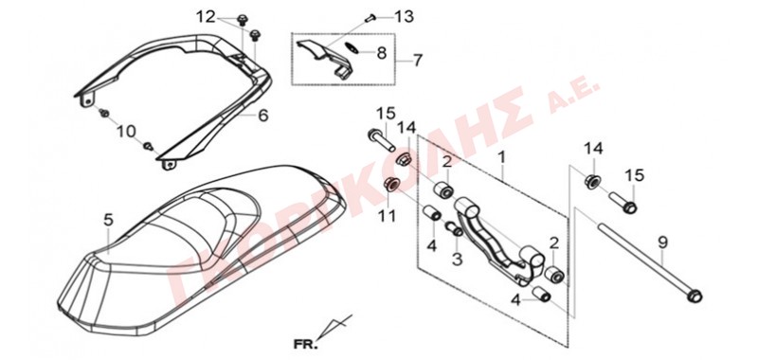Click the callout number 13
pos(405,17)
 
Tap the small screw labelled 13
pos(370,18)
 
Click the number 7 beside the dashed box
pos(417,61)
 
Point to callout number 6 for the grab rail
pos(263,116)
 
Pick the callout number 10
pos(128,131)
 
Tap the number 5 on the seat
pos(108,221)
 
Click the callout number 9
pos(662,243)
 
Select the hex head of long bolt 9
pos(693,295)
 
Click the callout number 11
pos(387,215)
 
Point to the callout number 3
pos(458,260)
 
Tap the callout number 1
pos(502,157)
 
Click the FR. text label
pos(306,345)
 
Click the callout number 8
pos(382,52)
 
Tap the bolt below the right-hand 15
pos(623,202)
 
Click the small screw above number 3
pos(454,228)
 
